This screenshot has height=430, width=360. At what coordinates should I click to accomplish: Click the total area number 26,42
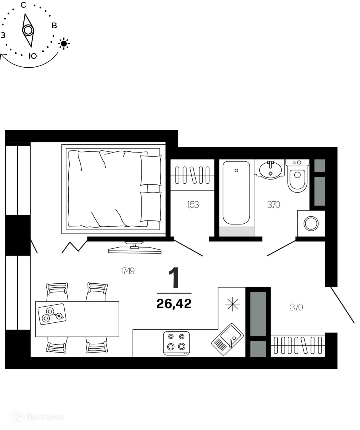point(174,303)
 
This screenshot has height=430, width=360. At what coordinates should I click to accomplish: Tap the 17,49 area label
point(127,271)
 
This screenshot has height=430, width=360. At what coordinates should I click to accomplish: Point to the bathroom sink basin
point(271,171)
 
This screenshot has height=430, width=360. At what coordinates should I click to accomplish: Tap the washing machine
point(311,223)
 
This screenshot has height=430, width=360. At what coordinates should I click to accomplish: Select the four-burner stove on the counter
point(177,342)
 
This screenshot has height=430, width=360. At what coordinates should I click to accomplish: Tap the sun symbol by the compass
point(64,43)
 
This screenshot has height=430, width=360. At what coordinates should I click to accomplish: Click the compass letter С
point(23,5)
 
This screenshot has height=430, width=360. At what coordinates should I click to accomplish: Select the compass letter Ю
point(32,56)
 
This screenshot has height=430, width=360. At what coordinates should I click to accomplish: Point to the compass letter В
point(54,26)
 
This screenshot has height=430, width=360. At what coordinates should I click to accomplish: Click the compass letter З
point(3,35)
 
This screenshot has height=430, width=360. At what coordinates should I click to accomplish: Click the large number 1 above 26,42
point(174,278)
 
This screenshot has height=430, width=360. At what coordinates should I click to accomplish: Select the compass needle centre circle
point(28,31)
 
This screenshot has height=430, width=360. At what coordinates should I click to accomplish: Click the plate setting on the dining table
point(52,313)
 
